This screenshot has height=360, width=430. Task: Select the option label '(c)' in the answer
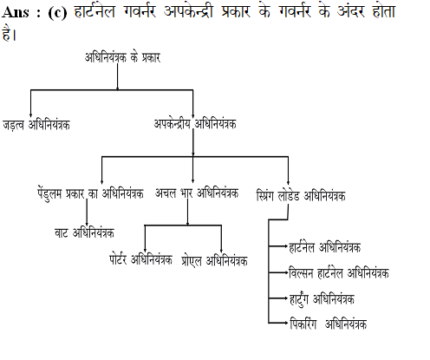tap(57, 13)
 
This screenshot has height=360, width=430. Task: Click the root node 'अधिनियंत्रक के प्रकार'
tap(122, 57)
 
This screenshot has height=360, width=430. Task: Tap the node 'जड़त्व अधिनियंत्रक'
tap(36, 125)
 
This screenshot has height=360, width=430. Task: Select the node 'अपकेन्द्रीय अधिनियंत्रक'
tap(195, 124)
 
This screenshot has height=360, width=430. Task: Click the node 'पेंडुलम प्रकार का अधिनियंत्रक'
tap(90, 193)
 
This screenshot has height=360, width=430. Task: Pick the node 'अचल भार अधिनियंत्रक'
tap(197, 193)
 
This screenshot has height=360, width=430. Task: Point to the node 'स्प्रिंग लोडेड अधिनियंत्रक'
tap(301, 195)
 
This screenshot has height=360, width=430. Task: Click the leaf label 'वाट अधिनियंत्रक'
tap(84, 232)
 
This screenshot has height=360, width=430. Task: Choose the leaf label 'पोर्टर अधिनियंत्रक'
tap(140, 259)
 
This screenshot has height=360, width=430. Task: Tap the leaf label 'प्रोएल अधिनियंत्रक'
tap(215, 260)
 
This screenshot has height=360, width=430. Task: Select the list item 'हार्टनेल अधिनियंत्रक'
tap(325, 247)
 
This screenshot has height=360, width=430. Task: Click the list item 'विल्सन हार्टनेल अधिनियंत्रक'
tap(339, 273)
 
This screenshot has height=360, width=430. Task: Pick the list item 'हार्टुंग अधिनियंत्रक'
tap(322, 299)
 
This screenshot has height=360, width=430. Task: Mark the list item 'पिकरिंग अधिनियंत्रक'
tap(329, 324)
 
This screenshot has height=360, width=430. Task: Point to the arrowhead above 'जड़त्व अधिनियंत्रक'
tap(30, 115)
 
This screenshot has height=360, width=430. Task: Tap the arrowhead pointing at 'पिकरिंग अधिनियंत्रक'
tap(286, 323)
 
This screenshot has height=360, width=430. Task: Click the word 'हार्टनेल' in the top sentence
tap(94, 12)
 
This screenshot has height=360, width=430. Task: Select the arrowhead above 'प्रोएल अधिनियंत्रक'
tap(221, 251)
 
